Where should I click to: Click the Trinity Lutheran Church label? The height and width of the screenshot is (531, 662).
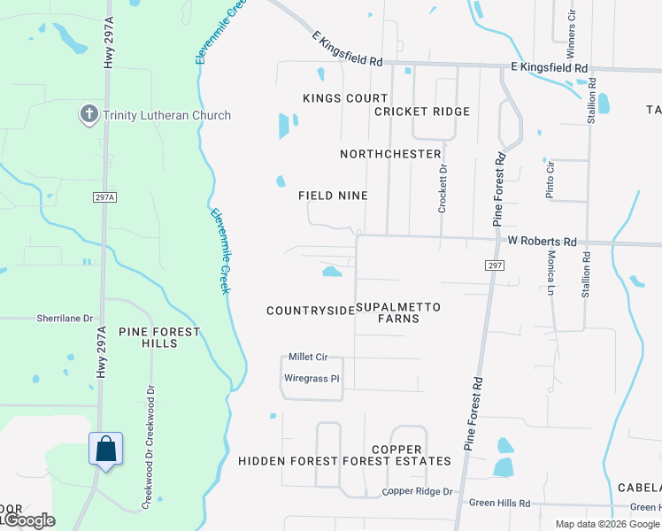point(166,115)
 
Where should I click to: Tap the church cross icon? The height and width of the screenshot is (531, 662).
point(89,114)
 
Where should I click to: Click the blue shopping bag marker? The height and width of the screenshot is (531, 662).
point(105,449)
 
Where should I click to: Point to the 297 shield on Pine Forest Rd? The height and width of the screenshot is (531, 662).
point(495,265)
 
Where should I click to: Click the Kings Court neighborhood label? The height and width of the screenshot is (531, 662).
point(345,98)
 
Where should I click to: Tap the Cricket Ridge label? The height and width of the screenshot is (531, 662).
point(421,112)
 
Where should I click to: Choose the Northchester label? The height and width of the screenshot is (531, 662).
point(390,154)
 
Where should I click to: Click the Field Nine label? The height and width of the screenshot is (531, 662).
point(333,196)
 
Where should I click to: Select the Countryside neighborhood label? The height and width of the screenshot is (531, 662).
point(311,311)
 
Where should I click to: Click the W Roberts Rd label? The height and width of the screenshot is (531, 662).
point(542,242)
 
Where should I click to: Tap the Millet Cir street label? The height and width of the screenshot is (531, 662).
point(308,357)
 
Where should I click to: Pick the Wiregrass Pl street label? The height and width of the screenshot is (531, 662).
point(312,379)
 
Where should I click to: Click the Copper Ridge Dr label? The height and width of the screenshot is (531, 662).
point(417,492)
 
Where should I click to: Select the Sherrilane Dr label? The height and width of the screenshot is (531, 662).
point(65,317)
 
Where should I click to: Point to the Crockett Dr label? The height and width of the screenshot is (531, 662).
point(443,188)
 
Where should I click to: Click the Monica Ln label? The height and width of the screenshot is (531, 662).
point(550,272)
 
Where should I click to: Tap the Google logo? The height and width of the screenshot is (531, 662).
point(28,520)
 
